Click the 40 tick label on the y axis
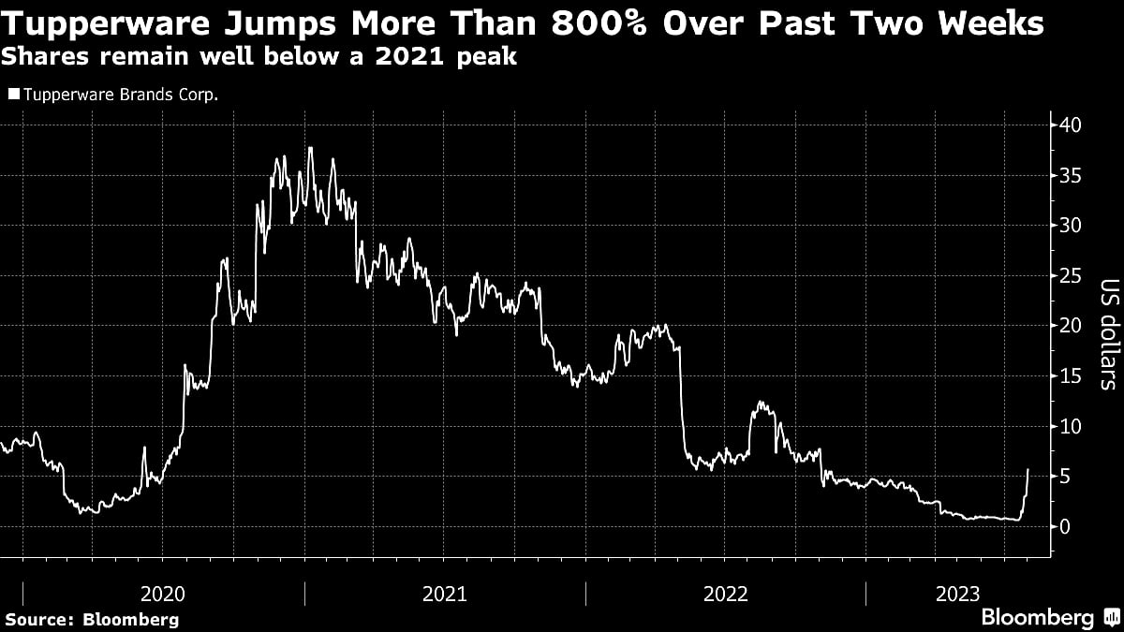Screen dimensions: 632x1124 [x=1071, y=125]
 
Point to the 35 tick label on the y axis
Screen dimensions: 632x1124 [x=1071, y=175]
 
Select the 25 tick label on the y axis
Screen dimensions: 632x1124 [x=1071, y=276]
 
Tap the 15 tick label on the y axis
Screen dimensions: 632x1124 [x=1071, y=376]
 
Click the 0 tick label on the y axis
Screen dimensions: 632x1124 [x=1065, y=527]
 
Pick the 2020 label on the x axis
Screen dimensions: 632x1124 [x=163, y=594]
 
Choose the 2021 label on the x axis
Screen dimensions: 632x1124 [x=445, y=594]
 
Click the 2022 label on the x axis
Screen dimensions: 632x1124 [x=726, y=594]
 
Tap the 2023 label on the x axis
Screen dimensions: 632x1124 [x=957, y=594]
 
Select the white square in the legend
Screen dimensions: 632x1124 [x=12, y=94]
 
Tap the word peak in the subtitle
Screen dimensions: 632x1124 [x=486, y=58]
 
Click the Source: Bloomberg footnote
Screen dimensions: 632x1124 [x=92, y=619]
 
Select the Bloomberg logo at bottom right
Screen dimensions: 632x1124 [x=1049, y=617]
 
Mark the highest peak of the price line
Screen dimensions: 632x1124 [x=310, y=147]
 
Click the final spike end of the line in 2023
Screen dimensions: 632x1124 [x=1028, y=469]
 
